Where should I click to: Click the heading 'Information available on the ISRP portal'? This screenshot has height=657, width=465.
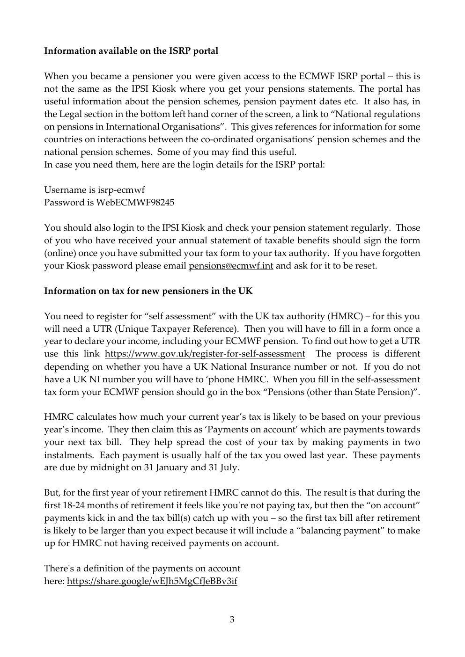(x=131, y=51)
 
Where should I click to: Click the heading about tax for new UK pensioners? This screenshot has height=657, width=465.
(x=148, y=291)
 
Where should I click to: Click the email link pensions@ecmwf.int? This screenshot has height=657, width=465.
(x=231, y=266)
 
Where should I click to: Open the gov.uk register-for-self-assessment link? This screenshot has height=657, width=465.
(x=205, y=354)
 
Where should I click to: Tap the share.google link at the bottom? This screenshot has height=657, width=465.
(x=152, y=581)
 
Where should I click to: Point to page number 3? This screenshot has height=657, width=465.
(x=232, y=620)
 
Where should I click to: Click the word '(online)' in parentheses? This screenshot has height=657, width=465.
(x=59, y=253)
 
